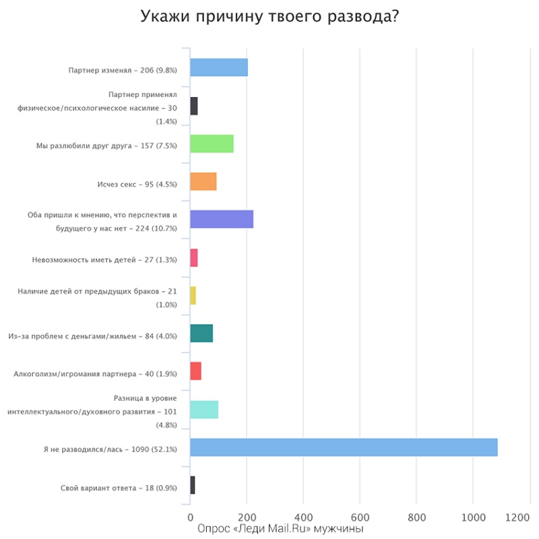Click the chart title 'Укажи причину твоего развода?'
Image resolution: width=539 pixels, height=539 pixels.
(269, 16)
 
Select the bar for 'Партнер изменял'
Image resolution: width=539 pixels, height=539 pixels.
(219, 68)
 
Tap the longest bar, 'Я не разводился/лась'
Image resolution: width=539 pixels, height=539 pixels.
(344, 447)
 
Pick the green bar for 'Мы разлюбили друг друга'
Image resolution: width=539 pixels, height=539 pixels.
(212, 144)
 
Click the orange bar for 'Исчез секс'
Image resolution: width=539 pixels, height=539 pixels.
(203, 182)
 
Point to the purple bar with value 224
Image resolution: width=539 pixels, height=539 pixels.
(222, 220)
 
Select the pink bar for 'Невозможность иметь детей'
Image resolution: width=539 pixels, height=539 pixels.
(194, 258)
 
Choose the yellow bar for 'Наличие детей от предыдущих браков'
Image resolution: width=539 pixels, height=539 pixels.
(193, 296)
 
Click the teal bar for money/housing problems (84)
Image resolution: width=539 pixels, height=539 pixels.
(201, 334)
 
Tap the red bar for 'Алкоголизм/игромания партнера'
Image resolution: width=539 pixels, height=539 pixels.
(196, 371)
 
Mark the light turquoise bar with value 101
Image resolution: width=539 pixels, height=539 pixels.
(204, 410)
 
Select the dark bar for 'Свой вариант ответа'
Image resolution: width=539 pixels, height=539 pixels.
(193, 485)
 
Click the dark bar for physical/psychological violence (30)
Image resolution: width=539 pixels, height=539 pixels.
(194, 106)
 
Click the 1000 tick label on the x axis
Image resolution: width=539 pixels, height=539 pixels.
(472, 517)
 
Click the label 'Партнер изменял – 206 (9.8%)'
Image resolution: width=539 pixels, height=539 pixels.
(123, 69)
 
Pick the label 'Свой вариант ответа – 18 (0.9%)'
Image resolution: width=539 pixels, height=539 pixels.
(119, 486)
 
